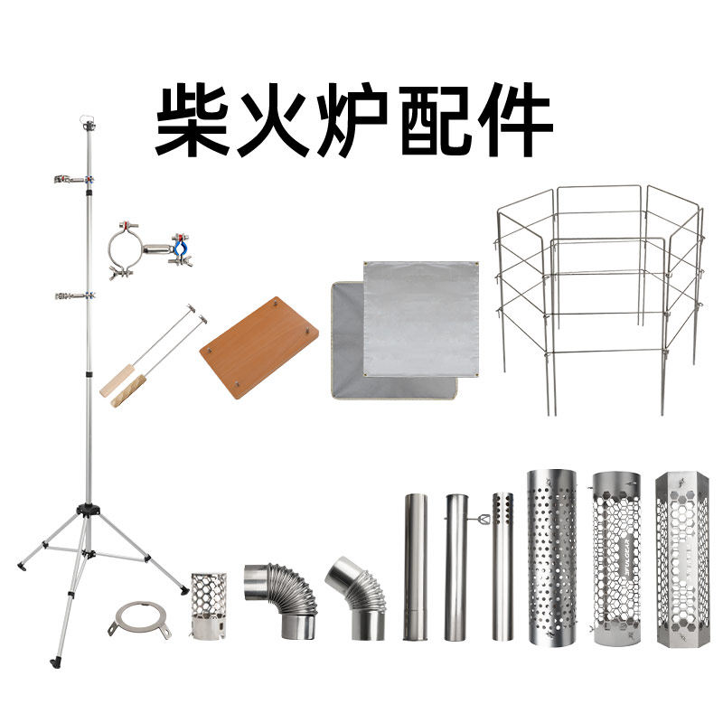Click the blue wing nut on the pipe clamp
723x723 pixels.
coord(179,244)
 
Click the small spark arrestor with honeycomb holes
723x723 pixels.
coord(209,606)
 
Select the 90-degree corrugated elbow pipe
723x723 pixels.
coord(280,596)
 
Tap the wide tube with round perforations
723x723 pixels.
coord(551,556)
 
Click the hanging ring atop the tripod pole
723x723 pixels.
coord(89,118)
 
